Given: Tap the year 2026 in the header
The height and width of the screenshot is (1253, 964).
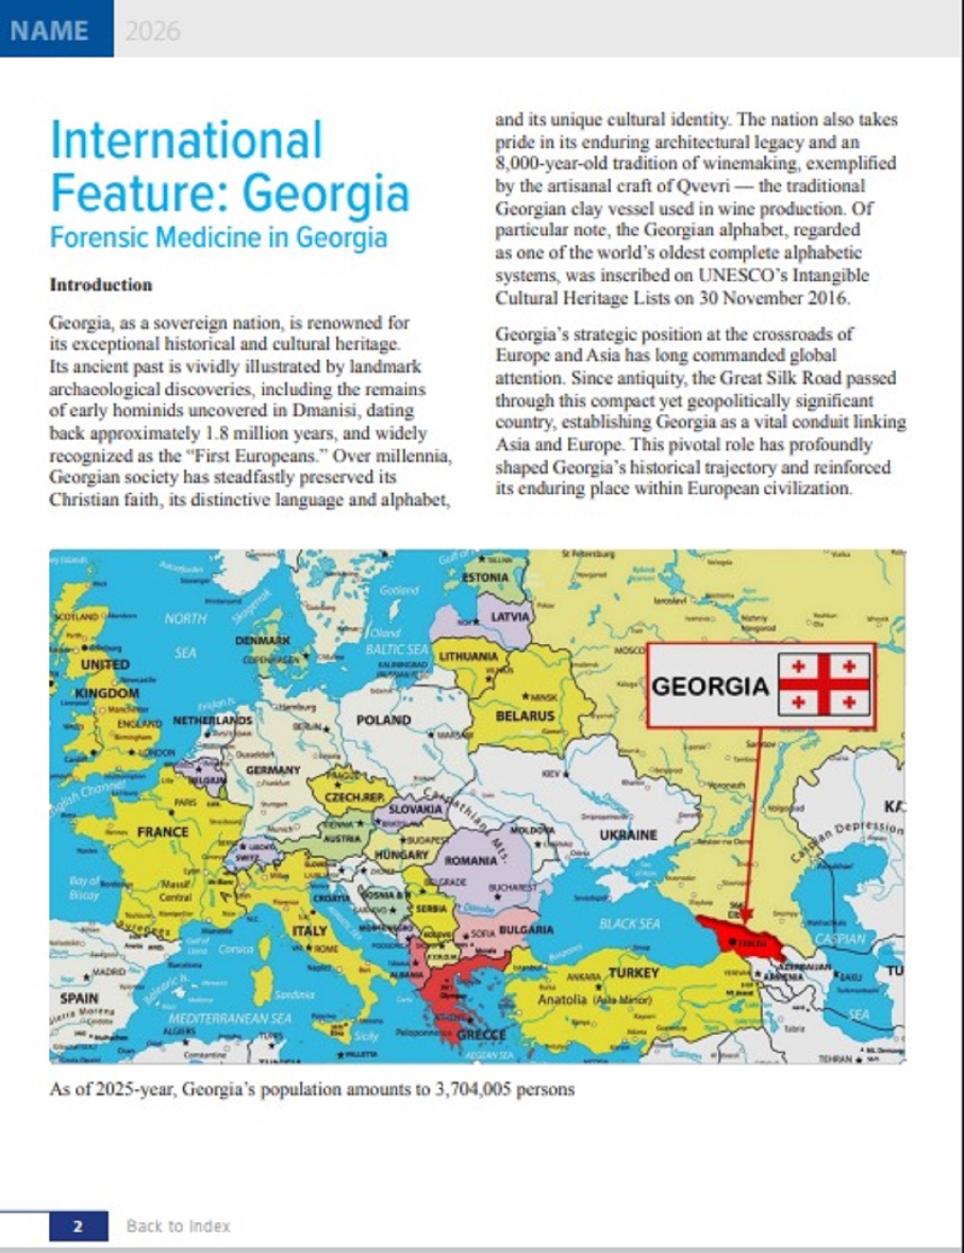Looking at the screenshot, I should [x=153, y=31].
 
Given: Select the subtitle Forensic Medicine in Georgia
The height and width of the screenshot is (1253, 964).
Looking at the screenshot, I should [x=218, y=237].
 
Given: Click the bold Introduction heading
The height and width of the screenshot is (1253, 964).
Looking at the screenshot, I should [x=101, y=285].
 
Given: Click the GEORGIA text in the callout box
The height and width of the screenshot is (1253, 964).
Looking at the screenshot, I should [x=710, y=686].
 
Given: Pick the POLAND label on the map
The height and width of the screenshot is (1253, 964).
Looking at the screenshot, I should [x=384, y=720].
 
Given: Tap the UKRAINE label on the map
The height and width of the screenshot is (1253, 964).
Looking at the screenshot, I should [x=628, y=835].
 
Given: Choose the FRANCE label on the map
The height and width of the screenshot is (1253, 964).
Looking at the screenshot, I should [x=162, y=831].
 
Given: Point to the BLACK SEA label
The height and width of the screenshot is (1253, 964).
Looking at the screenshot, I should [x=629, y=924].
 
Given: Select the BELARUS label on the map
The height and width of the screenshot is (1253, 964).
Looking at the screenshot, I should [x=525, y=716].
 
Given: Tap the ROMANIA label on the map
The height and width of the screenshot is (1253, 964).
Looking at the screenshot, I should [x=471, y=860].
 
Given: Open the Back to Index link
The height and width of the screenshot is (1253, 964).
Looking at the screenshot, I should [x=178, y=1226].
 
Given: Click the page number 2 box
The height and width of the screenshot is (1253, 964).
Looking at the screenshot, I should [x=78, y=1226].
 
